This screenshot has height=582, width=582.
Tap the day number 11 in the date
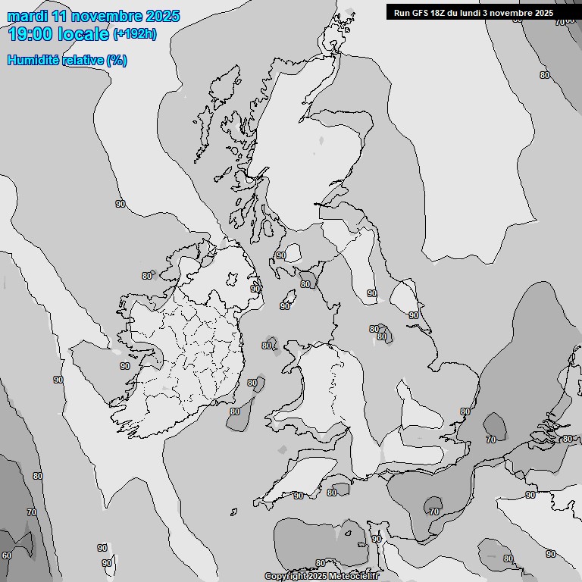(x=60, y=15)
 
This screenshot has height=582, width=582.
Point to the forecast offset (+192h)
(x=135, y=34)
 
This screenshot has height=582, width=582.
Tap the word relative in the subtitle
(x=83, y=60)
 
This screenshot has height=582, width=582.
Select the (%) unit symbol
(x=117, y=60)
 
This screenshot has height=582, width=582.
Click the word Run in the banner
(x=402, y=13)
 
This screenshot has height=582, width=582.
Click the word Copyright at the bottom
(x=285, y=577)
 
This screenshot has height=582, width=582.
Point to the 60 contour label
(x=7, y=555)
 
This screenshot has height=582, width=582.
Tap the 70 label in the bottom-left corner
(x=32, y=512)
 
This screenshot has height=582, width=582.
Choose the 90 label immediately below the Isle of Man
(x=284, y=306)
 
